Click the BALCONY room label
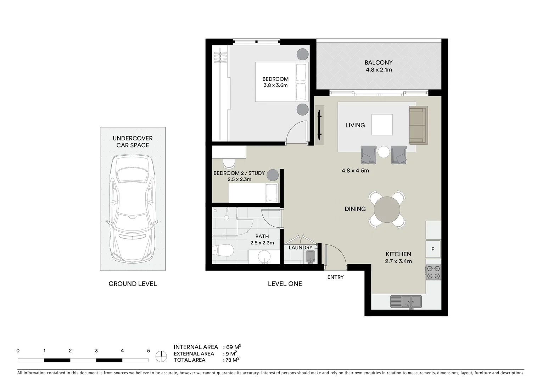tap(379, 63)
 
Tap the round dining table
tap(387, 209)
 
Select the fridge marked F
tap(433, 249)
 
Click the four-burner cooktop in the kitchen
tap(433, 272)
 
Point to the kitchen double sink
tap(406, 301)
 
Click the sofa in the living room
tap(418, 125)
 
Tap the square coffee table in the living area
tap(382, 124)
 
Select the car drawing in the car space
tap(133, 208)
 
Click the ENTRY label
tap(335, 277)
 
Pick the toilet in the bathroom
tap(223, 250)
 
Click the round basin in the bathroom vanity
tap(264, 256)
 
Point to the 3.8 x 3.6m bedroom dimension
tap(275, 85)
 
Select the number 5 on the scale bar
tap(148, 351)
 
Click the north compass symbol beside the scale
tap(162, 356)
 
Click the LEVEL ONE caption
tap(285, 284)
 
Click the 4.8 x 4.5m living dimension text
tap(355, 171)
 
